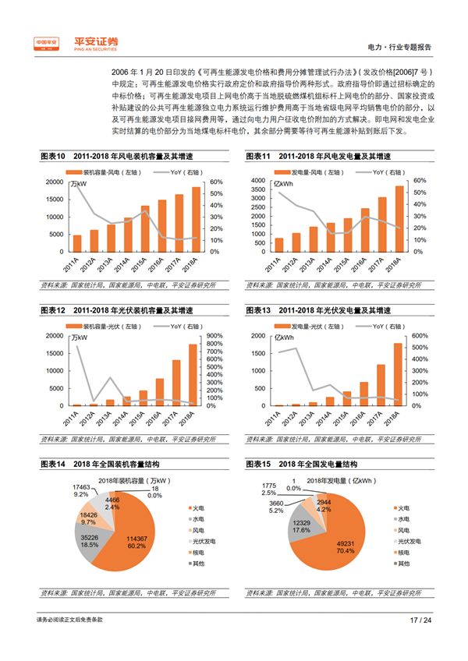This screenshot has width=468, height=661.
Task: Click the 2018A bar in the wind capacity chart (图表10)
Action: (x=196, y=218)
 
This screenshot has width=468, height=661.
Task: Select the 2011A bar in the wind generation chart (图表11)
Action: (x=278, y=245)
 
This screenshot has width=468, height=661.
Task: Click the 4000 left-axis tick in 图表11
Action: (x=257, y=181)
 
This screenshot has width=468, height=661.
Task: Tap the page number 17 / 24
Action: (x=420, y=620)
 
